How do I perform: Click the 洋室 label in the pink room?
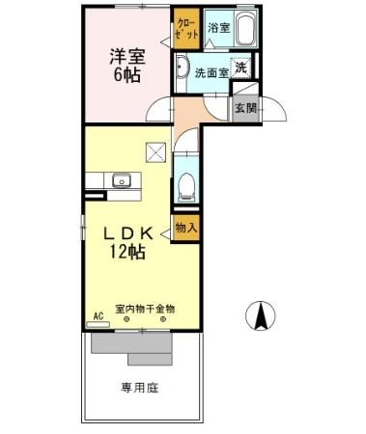click(127, 57)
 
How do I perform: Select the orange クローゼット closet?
click(185, 28)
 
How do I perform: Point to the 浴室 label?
click(218, 29)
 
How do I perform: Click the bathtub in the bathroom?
click(243, 31)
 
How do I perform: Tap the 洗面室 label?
click(210, 71)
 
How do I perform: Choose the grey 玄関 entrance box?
click(244, 107)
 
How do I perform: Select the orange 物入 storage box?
click(185, 229)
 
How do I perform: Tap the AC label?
click(98, 315)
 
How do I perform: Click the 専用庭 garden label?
click(140, 389)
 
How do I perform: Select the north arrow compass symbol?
click(260, 315)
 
